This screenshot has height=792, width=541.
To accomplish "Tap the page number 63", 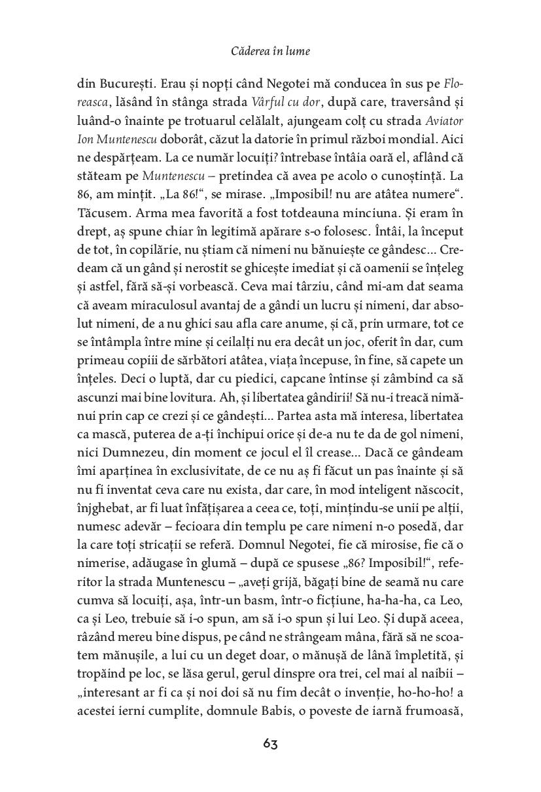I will click(270, 744).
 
